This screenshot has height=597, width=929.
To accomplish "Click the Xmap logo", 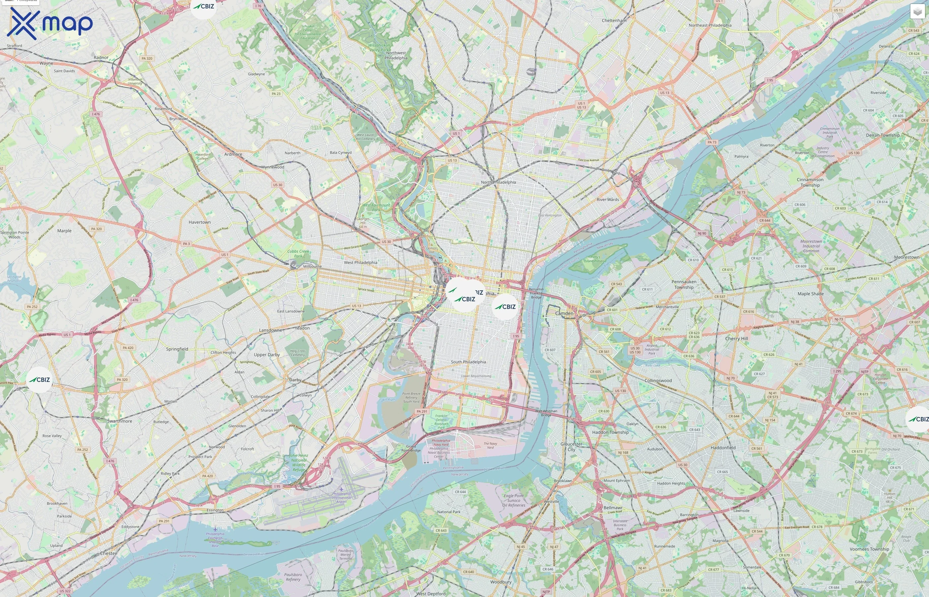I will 50,23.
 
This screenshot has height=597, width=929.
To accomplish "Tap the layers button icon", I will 917,12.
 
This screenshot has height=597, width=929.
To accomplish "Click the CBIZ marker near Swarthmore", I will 39,379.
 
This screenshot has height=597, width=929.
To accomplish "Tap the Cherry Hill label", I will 736,338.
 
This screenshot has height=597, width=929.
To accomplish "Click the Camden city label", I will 564,313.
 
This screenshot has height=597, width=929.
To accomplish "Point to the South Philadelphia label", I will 468,362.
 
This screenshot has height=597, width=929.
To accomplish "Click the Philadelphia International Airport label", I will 341,498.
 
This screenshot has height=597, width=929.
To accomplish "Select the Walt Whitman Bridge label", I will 546,413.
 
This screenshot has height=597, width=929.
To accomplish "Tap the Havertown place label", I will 199,222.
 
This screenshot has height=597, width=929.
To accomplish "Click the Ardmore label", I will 233,154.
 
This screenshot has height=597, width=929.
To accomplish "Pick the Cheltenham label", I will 614,21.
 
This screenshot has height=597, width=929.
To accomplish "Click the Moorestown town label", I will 906,257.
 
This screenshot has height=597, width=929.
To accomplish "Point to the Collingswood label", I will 658,380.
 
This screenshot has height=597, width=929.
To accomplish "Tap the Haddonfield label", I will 723,447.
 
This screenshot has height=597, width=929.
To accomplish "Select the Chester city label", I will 108,553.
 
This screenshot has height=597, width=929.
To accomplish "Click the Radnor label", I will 101,57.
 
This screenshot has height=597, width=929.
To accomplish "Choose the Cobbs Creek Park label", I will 298,253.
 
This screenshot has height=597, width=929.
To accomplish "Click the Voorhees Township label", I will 869,549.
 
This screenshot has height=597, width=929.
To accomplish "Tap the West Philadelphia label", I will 360,262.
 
